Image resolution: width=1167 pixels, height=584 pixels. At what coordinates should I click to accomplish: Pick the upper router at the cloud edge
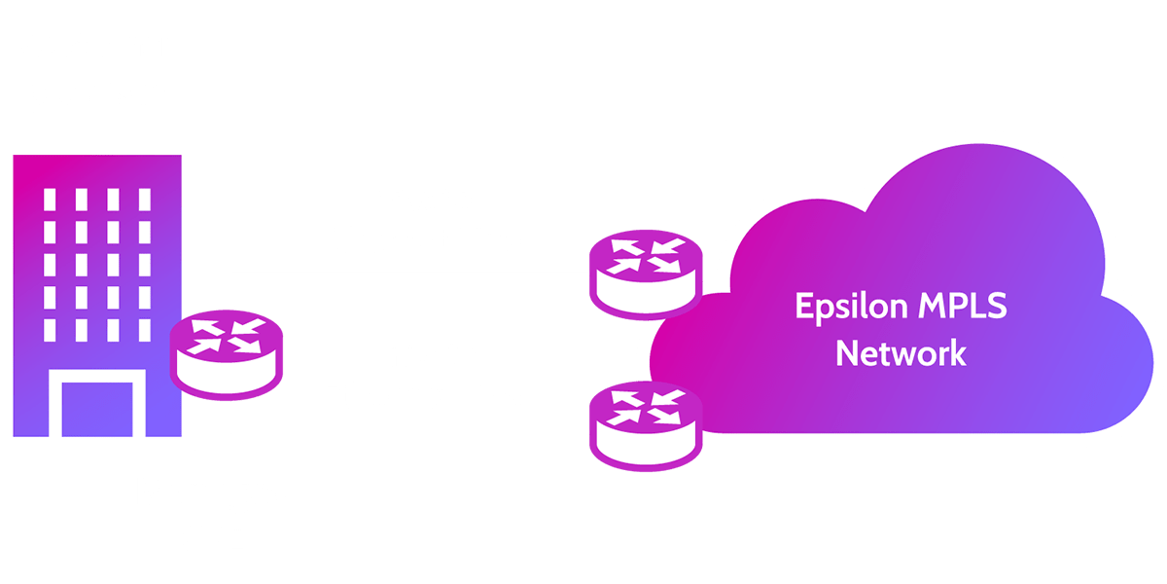point(644,276)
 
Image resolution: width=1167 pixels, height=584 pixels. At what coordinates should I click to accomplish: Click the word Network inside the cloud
point(902,352)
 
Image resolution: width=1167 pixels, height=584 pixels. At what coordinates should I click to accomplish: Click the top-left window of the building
point(51,200)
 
